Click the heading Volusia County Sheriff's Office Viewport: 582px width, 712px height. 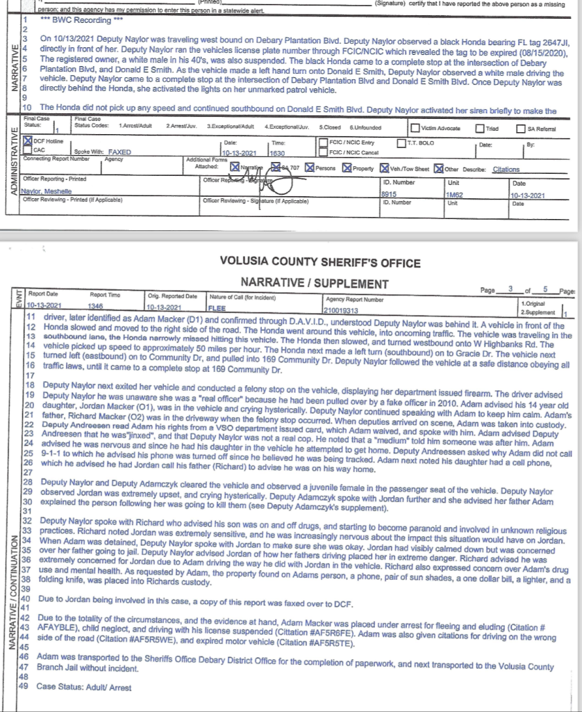tap(319, 263)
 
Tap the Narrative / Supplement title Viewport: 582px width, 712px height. tap(315, 283)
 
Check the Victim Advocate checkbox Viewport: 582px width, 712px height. tap(415, 128)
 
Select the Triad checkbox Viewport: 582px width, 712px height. tap(480, 128)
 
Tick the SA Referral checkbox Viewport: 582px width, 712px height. tap(522, 128)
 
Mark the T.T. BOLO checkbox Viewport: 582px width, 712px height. tap(402, 143)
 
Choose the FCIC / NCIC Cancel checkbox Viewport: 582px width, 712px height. tap(323, 152)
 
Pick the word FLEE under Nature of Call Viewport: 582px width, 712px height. tap(217, 307)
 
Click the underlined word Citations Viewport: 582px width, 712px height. tap(506, 168)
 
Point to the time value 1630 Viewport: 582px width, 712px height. tap(277, 152)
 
